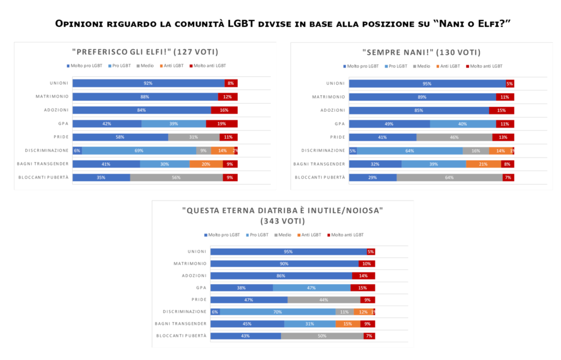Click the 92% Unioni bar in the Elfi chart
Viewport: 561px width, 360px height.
[148, 83]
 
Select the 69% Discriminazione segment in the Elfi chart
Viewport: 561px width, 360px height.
[139, 151]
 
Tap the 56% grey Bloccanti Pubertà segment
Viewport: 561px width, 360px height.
[176, 178]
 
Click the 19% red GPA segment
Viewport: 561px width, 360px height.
[221, 124]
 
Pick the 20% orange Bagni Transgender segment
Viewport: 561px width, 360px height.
[206, 164]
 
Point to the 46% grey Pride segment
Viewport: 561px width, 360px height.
[454, 137]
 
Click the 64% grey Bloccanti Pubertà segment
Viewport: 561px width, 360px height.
[449, 178]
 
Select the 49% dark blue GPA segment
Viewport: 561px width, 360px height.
[389, 124]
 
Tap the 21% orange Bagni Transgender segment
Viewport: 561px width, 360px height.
[483, 164]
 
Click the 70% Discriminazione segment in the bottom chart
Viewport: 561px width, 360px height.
[278, 312]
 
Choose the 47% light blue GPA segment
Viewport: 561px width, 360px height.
[311, 288]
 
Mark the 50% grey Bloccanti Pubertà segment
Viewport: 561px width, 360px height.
[322, 336]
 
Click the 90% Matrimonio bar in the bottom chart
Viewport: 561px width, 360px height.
[284, 264]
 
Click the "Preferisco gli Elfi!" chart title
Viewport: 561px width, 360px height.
[145, 52]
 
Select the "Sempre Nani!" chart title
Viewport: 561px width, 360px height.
[421, 52]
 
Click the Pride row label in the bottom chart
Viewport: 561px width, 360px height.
[198, 300]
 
